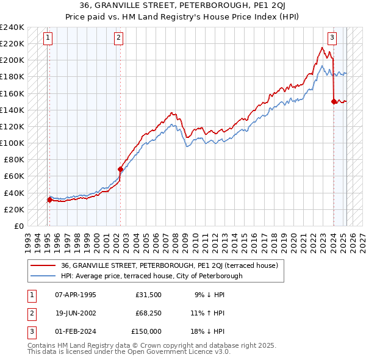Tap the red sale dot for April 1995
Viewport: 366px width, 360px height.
pos(49,200)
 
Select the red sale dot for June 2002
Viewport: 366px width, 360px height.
pos(120,169)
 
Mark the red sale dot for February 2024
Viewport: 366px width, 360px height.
pos(334,101)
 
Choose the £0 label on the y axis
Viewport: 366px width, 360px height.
pos(18,226)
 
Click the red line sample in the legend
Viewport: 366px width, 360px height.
pos(44,265)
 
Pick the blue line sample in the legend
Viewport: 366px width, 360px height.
pos(44,276)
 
